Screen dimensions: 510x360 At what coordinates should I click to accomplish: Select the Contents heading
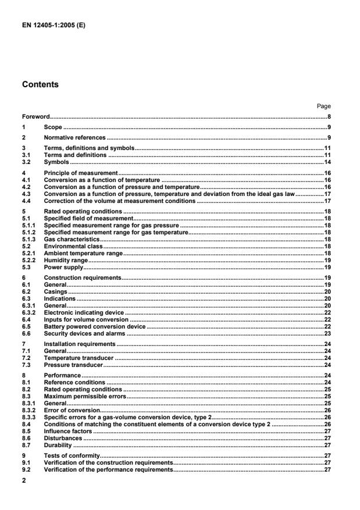click(41, 84)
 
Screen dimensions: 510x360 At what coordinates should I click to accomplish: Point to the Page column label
click(324, 106)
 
